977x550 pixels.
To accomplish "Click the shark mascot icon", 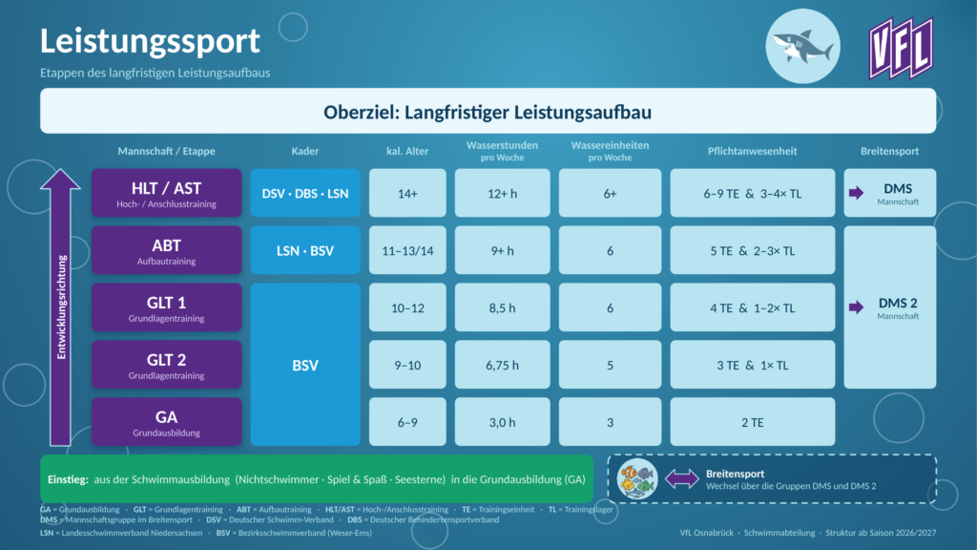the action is click(x=802, y=46).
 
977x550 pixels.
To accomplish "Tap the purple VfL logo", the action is click(x=901, y=48).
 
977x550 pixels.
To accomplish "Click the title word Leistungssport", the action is click(x=150, y=40).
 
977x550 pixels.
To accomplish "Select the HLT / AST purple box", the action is click(x=166, y=193).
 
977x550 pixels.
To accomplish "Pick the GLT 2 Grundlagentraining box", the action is click(x=166, y=365).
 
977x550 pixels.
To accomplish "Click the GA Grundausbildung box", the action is click(x=166, y=421).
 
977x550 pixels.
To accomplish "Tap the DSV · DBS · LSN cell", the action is click(x=305, y=193).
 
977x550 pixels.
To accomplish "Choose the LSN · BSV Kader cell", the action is click(x=305, y=250).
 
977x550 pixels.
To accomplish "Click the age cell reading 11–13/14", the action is click(x=407, y=250).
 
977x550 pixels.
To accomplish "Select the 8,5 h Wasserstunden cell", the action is click(x=502, y=307).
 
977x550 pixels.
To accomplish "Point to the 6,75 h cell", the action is click(x=502, y=365).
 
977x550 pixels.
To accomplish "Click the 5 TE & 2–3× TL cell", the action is click(x=753, y=250).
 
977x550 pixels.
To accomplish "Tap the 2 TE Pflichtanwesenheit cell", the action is click(x=753, y=421).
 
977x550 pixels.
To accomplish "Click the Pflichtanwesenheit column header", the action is click(x=752, y=151).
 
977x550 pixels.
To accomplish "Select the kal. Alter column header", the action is click(x=407, y=151).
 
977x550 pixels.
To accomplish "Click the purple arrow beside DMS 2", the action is click(x=856, y=307).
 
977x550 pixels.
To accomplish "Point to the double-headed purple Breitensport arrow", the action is click(x=682, y=479).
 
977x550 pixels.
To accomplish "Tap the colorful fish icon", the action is click(x=637, y=479).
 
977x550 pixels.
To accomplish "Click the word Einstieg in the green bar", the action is click(x=68, y=479).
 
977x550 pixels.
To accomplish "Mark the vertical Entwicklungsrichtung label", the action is click(x=61, y=307).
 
